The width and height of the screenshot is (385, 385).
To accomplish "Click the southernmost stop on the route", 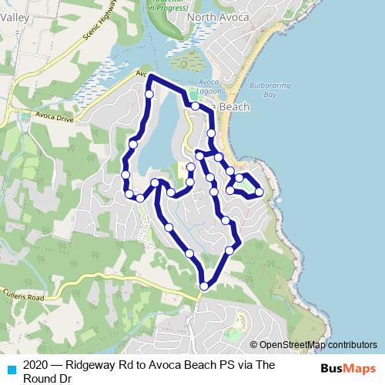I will point(204,286).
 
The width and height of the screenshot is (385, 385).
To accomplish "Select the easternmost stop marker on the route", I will point(259,192).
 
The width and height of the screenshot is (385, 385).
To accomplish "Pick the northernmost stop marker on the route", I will point(149,94).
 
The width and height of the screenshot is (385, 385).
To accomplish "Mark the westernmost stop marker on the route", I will point(126,176).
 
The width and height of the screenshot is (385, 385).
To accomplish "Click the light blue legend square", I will point(10,368).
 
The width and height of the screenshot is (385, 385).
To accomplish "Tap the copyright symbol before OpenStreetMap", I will point(253,345).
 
